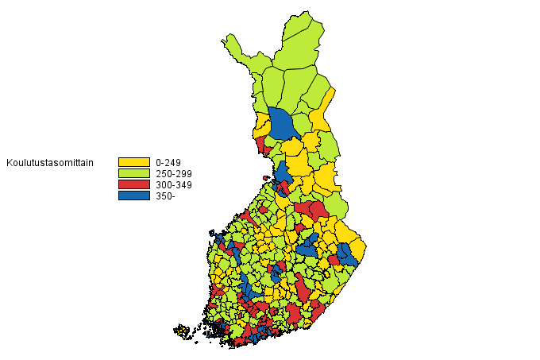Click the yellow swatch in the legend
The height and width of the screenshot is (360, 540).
pos(133,162)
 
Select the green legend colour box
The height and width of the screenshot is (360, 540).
pos(133,173)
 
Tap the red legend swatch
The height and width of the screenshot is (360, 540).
pos(133,184)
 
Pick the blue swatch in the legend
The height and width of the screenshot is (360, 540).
pos(133,195)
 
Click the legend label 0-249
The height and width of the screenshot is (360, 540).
pos(169,162)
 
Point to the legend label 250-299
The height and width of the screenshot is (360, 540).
pos(174,173)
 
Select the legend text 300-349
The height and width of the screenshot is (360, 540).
pos(174,184)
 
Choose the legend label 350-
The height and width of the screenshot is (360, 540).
pos(165,195)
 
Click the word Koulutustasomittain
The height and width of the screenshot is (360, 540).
pos(51,163)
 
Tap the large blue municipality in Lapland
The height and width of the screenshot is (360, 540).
pos(282,123)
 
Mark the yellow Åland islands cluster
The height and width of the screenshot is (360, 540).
pos(183,331)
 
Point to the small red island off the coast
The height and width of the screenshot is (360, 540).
pos(266,177)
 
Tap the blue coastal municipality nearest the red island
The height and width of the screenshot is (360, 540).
pos(282,172)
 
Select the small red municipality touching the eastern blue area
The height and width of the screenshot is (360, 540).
pos(334,260)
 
